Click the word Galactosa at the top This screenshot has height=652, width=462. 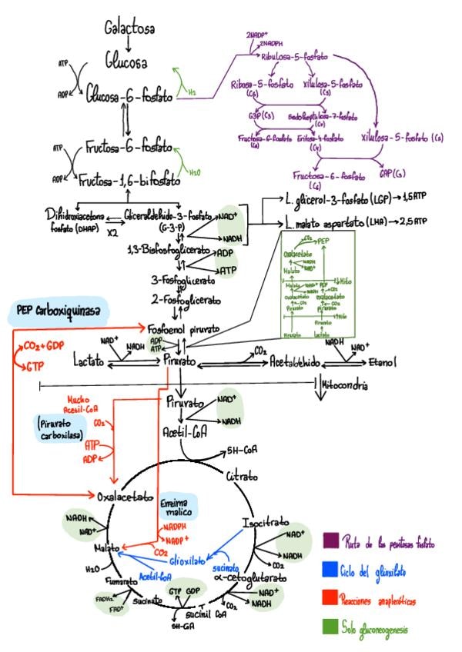point(129,28)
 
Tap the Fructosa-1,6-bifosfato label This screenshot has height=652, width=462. point(129,180)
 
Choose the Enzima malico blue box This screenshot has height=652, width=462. point(179,505)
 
